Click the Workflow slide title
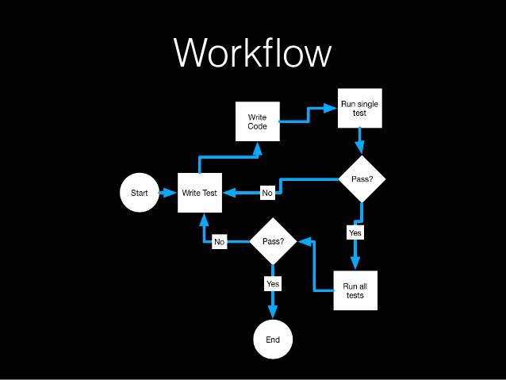pyautogui.click(x=252, y=52)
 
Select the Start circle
pyautogui.click(x=140, y=193)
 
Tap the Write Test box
pyautogui.click(x=200, y=193)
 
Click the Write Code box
pyautogui.click(x=258, y=121)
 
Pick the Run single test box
pyautogui.click(x=360, y=108)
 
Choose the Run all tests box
pyautogui.click(x=355, y=290)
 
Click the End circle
pyautogui.click(x=273, y=340)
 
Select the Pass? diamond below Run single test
pyautogui.click(x=362, y=178)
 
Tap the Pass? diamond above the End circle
pyautogui.click(x=274, y=241)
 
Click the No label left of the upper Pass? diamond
pyautogui.click(x=267, y=193)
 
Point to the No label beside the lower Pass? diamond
pyautogui.click(x=220, y=242)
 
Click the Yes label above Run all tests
pyautogui.click(x=355, y=232)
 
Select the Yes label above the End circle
pyautogui.click(x=273, y=284)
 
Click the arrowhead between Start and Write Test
pyautogui.click(x=168, y=193)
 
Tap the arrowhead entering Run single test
pyautogui.click(x=330, y=108)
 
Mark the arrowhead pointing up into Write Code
pyautogui.click(x=258, y=149)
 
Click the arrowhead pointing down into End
pyautogui.click(x=273, y=311)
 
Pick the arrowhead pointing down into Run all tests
pyautogui.click(x=355, y=263)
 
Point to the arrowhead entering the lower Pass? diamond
pyautogui.click(x=305, y=241)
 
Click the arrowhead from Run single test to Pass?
pyautogui.click(x=360, y=148)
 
